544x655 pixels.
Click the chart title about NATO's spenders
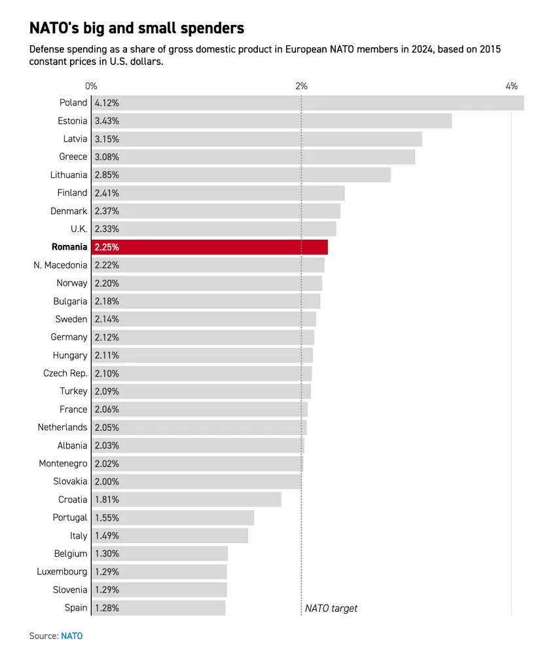(x=137, y=28)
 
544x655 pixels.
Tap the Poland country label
(x=73, y=103)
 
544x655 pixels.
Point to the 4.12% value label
(x=107, y=103)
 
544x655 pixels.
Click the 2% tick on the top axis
(x=301, y=86)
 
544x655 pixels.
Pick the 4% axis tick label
(x=511, y=86)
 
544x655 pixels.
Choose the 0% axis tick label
(x=91, y=86)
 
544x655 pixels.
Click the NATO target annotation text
(x=331, y=608)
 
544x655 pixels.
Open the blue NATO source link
(x=72, y=635)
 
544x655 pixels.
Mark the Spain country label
(x=76, y=608)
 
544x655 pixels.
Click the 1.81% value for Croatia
(x=107, y=499)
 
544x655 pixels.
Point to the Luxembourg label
(x=62, y=572)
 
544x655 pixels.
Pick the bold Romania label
(x=69, y=247)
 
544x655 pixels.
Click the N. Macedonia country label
(x=60, y=265)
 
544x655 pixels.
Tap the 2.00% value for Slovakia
(x=107, y=481)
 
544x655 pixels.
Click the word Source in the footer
(x=43, y=635)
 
